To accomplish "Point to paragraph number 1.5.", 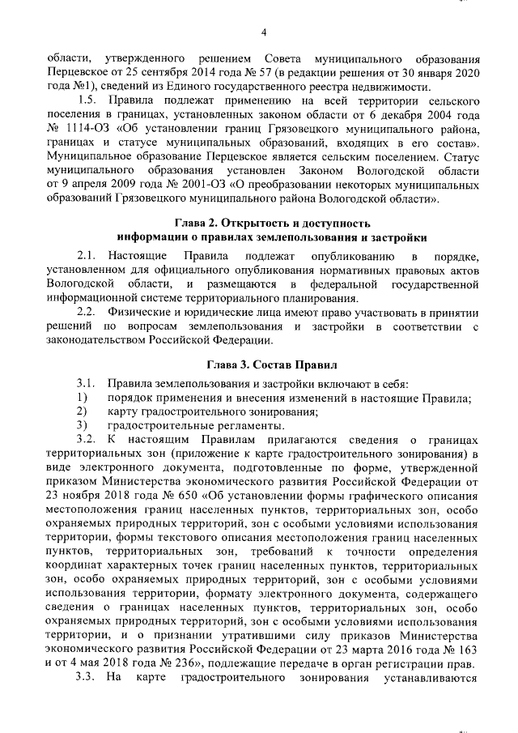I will point(87,100).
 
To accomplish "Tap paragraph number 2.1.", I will point(87,256).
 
